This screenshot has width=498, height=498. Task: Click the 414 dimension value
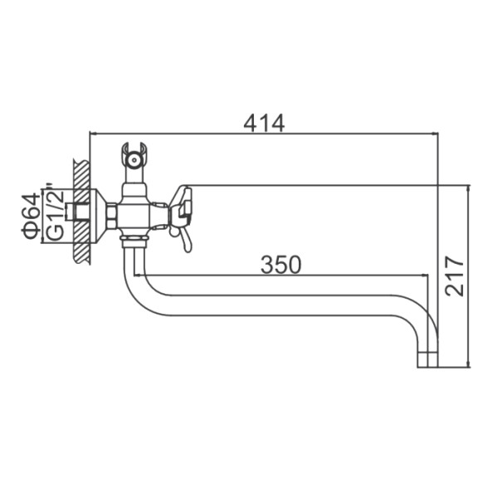(264, 123)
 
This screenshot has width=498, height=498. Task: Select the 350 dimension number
(281, 265)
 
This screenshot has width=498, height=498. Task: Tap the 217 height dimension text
(454, 276)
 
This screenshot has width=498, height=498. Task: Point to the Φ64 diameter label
(31, 217)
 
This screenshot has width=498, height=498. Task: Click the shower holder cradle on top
(134, 156)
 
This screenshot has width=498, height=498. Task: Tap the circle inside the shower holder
(134, 159)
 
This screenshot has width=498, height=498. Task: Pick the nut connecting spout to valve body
(134, 242)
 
